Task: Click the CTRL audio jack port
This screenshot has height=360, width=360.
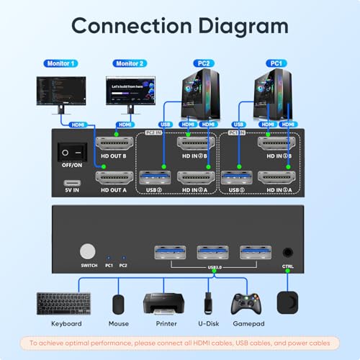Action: tap(288, 253)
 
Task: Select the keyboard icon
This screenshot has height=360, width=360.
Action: tap(55, 302)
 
